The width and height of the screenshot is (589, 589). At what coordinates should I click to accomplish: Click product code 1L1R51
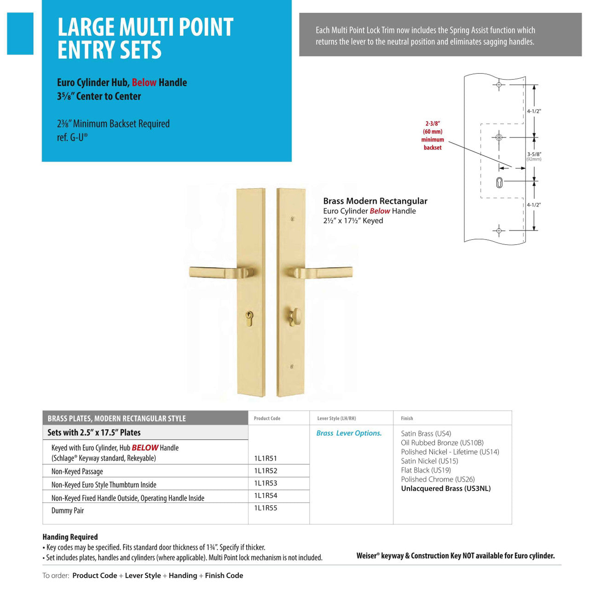tap(266, 458)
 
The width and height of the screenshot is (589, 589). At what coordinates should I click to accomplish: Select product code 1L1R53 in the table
tap(266, 483)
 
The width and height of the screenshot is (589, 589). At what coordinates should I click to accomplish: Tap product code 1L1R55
tap(266, 508)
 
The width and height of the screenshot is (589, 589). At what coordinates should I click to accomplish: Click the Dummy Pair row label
tap(68, 511)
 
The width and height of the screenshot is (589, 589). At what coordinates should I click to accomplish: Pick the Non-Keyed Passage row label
tap(77, 472)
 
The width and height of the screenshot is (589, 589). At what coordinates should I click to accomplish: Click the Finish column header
tap(407, 418)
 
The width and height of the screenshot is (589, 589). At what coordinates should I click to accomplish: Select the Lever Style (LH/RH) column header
tap(336, 418)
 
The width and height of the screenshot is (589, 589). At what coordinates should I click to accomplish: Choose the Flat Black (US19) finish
tap(426, 470)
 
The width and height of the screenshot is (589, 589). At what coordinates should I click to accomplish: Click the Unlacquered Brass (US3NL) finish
tap(445, 489)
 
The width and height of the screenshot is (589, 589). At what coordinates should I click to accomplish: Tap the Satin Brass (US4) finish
tap(426, 433)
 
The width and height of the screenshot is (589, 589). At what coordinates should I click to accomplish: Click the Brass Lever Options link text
tap(349, 433)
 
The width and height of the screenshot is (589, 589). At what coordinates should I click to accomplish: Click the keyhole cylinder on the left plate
tap(249, 318)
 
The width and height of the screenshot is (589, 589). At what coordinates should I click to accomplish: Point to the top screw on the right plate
tap(292, 219)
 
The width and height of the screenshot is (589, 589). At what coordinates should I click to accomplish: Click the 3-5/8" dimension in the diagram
tap(534, 155)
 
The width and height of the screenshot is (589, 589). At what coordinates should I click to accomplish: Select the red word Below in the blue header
tap(144, 83)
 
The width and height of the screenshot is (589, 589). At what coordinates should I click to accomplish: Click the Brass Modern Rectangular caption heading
tap(375, 201)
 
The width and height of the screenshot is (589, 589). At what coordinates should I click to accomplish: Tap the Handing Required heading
tap(70, 537)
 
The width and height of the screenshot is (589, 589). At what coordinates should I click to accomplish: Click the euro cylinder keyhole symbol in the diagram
tap(500, 183)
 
